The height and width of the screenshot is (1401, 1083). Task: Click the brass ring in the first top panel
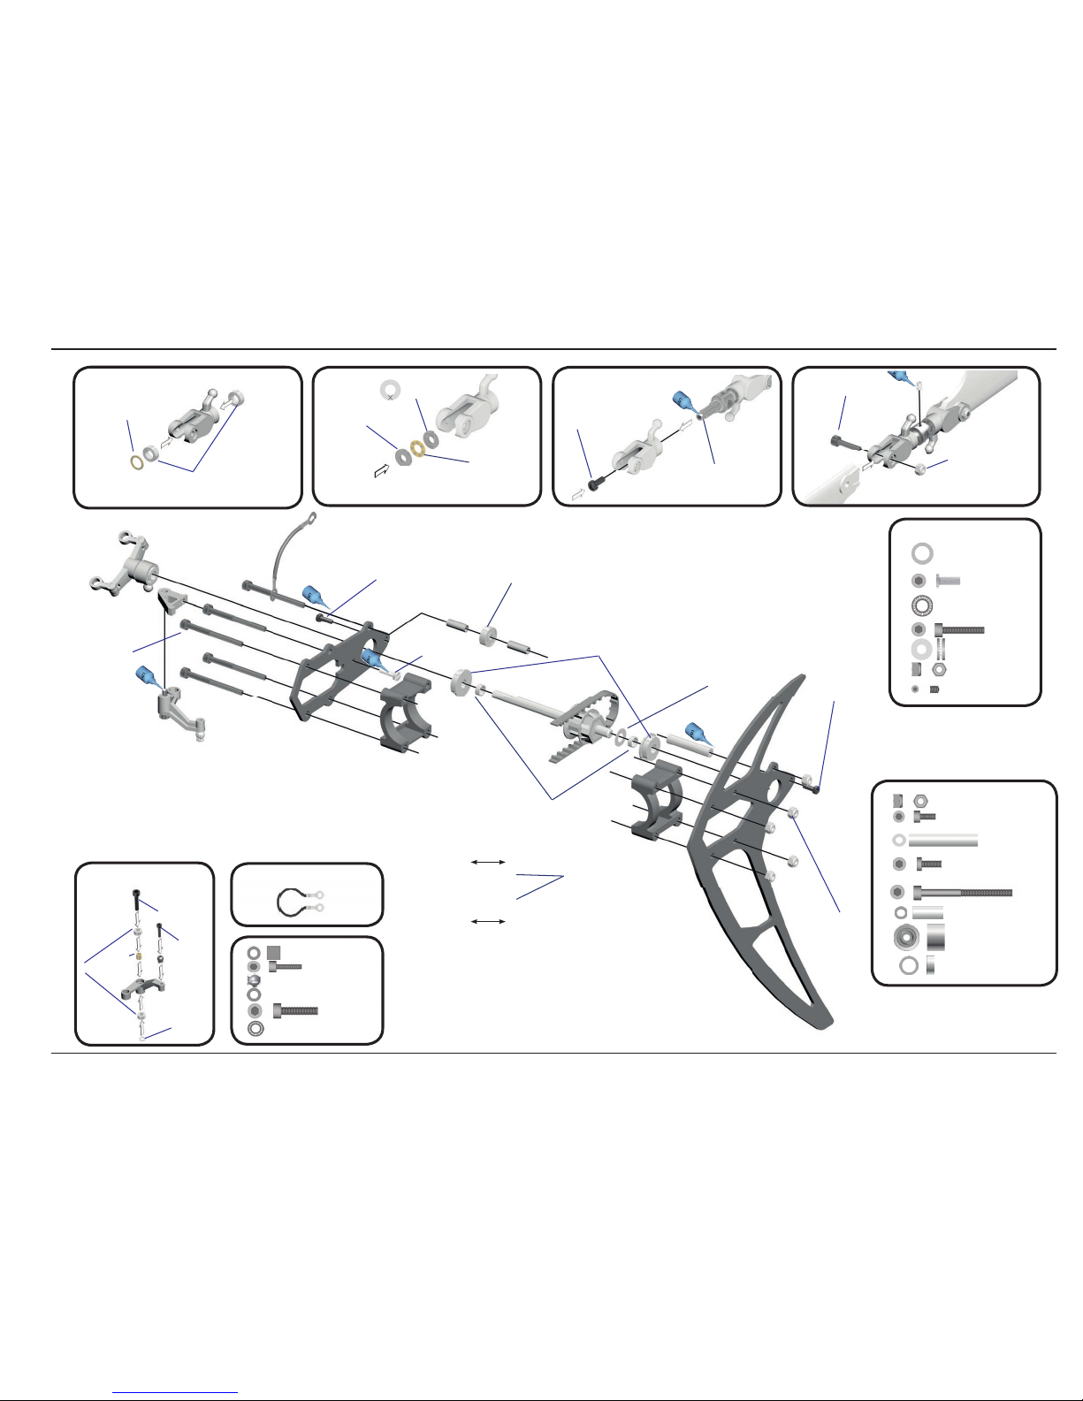[138, 462]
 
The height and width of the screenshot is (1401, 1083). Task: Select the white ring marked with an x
[390, 390]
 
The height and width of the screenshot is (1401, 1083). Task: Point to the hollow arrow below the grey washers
[382, 472]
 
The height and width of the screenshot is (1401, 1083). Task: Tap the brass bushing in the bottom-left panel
[138, 955]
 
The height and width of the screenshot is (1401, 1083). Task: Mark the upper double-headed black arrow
[487, 861]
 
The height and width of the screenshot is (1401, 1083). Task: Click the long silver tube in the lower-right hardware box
[942, 840]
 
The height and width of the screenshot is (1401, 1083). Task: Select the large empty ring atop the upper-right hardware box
[922, 554]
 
